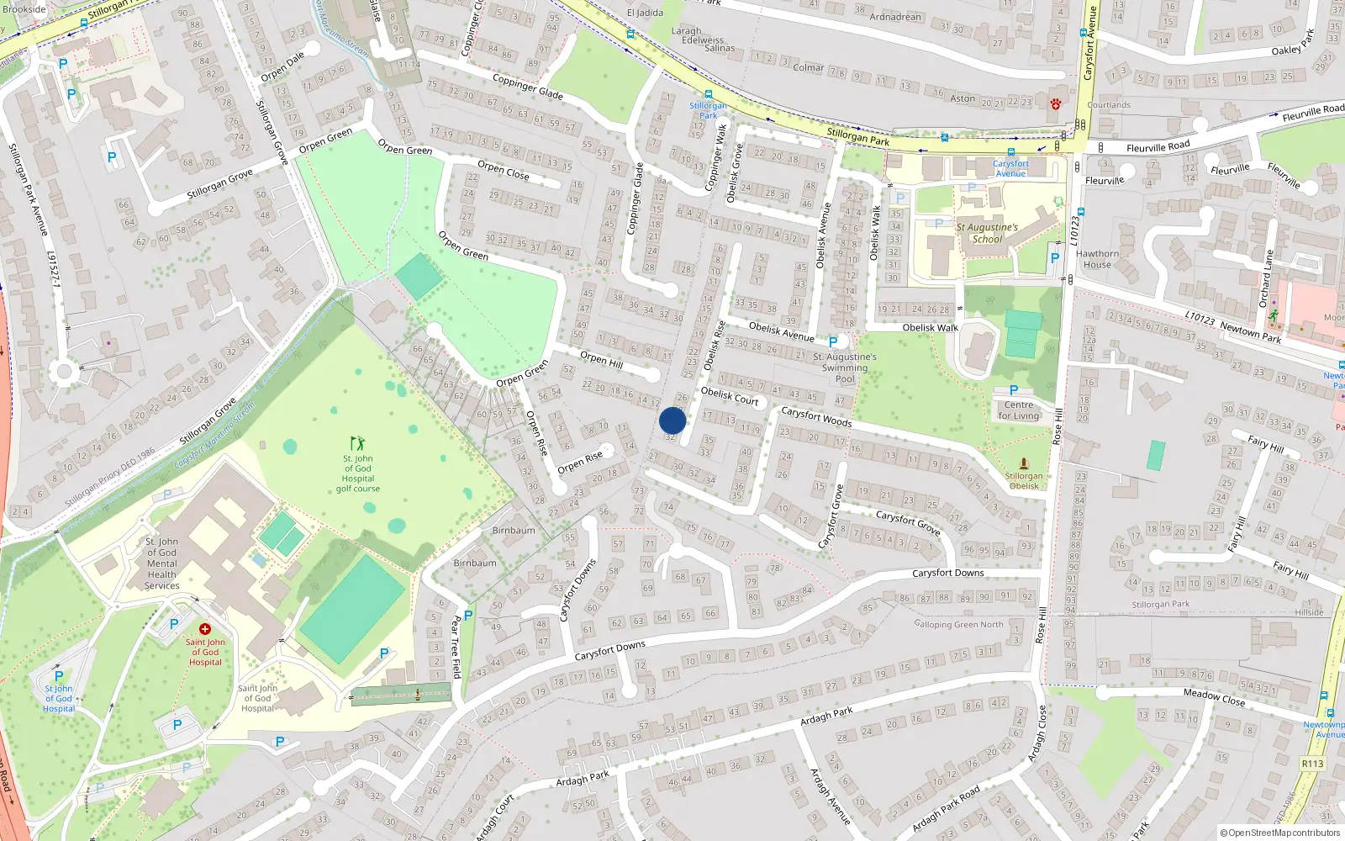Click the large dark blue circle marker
[672, 420]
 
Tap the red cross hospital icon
[205, 629]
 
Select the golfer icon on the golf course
[357, 442]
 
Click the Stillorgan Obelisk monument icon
[1024, 463]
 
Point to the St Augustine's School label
[987, 233]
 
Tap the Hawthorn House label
[1097, 259]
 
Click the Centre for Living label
[1019, 410]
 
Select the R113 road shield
[1312, 764]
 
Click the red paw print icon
[1055, 103]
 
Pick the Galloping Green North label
[959, 624]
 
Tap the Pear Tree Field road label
[456, 647]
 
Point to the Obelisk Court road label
[730, 396]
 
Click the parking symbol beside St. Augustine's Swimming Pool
[833, 342]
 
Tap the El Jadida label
[645, 13]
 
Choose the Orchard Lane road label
[1266, 278]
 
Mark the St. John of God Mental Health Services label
[161, 563]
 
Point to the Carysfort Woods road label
[816, 416]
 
